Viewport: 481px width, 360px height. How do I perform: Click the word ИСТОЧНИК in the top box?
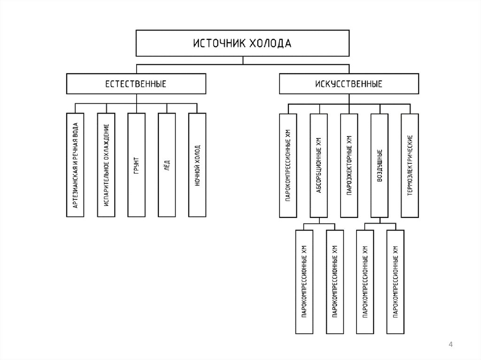(218, 44)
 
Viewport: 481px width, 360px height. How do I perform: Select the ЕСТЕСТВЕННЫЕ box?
(136, 84)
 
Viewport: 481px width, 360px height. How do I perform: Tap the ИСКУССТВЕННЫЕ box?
(349, 84)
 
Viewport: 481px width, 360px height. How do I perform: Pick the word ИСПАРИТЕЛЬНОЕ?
(107, 188)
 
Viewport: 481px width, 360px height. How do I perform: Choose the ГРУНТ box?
(136, 165)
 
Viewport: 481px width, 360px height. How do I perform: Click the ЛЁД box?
(167, 165)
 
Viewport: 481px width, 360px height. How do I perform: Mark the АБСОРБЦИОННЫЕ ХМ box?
(319, 165)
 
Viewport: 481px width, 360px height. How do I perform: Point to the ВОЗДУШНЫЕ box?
(380, 165)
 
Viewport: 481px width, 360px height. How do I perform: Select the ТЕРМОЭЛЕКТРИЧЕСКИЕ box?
(410, 165)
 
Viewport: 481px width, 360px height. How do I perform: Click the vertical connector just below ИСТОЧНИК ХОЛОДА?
(242, 60)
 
